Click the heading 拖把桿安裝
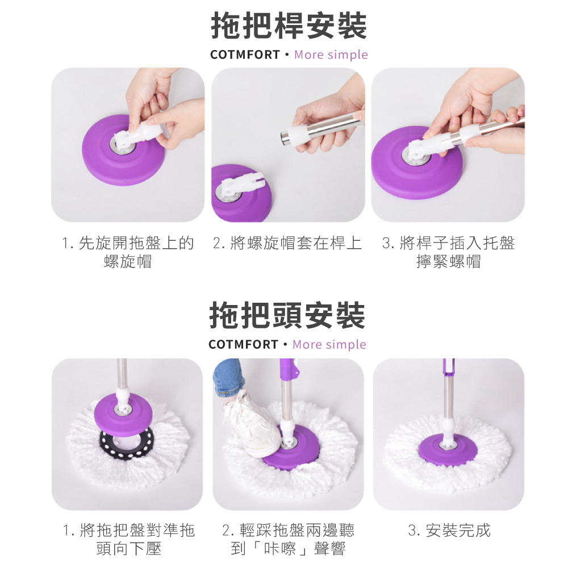[289, 26]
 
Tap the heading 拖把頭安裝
[287, 315]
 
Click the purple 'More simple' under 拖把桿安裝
[331, 55]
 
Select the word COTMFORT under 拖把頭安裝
[244, 344]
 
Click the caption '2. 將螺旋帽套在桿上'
[287, 243]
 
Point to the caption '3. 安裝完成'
[449, 531]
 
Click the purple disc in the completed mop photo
[448, 449]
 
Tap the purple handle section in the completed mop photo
[449, 367]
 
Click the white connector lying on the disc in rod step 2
[240, 185]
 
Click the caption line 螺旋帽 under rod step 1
[127, 261]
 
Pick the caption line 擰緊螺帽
[449, 261]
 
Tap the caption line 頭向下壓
[129, 549]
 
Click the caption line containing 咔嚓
[288, 549]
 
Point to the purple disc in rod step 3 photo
[416, 163]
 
